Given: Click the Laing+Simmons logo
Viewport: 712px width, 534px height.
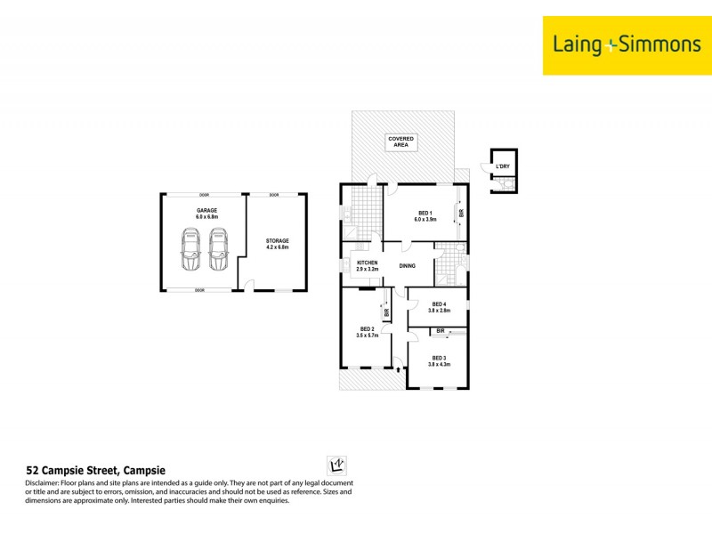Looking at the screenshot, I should [x=627, y=44].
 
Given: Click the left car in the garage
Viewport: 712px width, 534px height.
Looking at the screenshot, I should [x=191, y=250].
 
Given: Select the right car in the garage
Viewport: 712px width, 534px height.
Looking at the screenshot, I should [x=219, y=250].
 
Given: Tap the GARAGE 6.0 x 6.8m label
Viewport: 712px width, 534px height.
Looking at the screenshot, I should [x=207, y=213].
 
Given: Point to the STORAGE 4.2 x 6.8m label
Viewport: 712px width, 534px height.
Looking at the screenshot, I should [x=278, y=244].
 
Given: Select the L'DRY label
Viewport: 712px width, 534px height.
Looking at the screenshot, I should [x=503, y=166].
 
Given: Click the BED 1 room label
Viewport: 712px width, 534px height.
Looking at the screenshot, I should [x=425, y=215].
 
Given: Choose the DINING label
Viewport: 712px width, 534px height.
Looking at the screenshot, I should [x=408, y=265].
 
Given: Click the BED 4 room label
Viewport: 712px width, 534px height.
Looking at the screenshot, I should [x=438, y=307].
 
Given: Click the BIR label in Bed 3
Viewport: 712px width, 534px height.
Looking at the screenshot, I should [x=441, y=331].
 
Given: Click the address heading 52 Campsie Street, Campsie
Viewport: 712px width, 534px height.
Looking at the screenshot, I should [x=96, y=470].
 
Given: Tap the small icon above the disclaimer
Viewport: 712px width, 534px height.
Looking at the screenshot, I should [x=337, y=465].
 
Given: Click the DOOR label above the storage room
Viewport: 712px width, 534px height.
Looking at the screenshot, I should [x=274, y=195].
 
